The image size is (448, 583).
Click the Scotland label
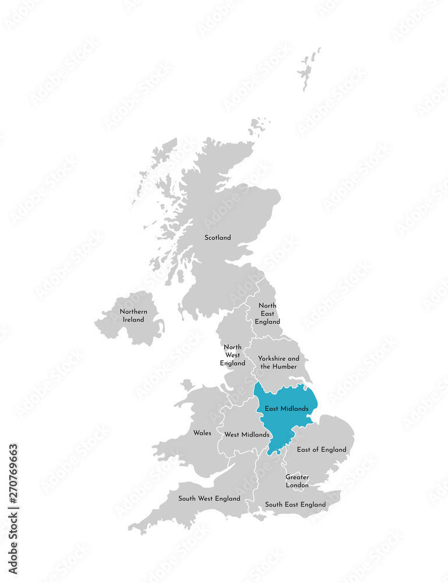pyautogui.click(x=217, y=237)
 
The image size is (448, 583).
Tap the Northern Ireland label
pyautogui.click(x=133, y=315)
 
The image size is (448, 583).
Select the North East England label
pyautogui.click(x=267, y=314)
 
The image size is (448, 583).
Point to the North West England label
pyautogui.click(x=232, y=355)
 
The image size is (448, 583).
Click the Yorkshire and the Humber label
pyautogui.click(x=278, y=362)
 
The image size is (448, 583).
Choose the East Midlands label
pyautogui.click(x=287, y=409)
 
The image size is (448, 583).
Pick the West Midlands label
pyautogui.click(x=247, y=434)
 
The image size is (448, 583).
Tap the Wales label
pyautogui.click(x=202, y=433)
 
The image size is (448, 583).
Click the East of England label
pyautogui.click(x=322, y=449)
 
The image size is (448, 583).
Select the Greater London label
pyautogui.click(x=297, y=481)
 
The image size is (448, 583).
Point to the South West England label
pyautogui.click(x=209, y=498)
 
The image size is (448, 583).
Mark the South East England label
pyautogui.click(x=295, y=504)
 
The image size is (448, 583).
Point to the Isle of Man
pyautogui.click(x=187, y=385)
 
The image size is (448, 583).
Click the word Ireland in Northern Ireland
pyautogui.click(x=133, y=319)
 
